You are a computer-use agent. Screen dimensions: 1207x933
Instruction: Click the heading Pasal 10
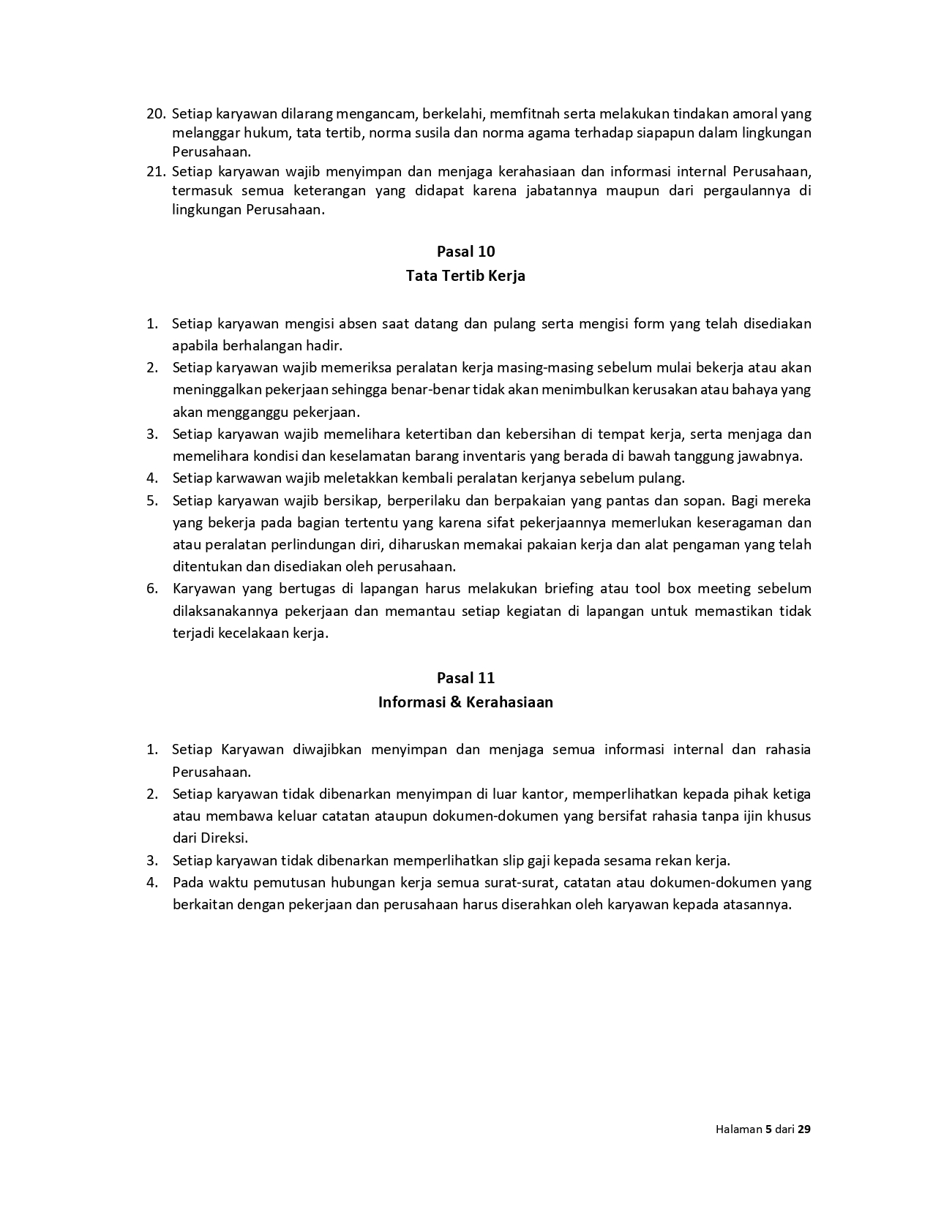click(465, 252)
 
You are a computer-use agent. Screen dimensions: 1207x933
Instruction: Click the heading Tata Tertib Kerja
click(465, 276)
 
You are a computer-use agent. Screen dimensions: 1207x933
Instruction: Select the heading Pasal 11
click(465, 677)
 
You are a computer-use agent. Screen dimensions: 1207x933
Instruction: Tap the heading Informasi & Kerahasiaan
click(465, 702)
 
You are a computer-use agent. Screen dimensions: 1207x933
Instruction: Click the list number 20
click(156, 114)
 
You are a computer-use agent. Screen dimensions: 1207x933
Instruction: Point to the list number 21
click(156, 172)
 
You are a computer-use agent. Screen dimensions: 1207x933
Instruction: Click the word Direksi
click(224, 838)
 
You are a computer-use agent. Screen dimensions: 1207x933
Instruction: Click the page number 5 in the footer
click(768, 1129)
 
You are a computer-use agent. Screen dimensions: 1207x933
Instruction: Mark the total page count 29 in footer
click(803, 1129)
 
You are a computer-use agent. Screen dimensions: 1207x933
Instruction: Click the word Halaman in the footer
click(738, 1129)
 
